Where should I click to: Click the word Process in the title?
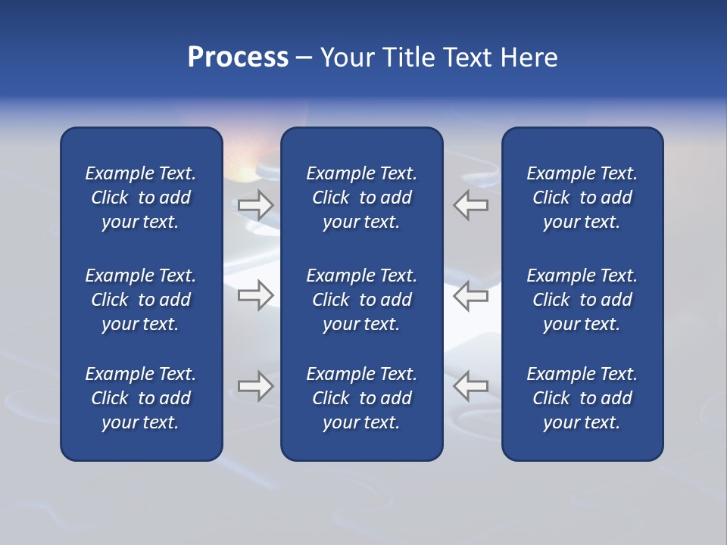click(238, 58)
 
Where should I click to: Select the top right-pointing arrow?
click(255, 205)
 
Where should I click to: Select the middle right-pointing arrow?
click(255, 295)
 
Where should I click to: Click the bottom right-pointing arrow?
click(255, 386)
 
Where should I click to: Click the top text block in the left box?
click(141, 198)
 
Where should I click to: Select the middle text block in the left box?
click(141, 300)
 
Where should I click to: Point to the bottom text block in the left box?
click(141, 398)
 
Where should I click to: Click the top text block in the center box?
click(361, 198)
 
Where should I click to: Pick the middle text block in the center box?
click(361, 300)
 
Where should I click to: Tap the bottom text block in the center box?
click(361, 398)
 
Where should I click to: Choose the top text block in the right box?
click(582, 198)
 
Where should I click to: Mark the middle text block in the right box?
click(582, 300)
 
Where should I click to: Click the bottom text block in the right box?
click(582, 398)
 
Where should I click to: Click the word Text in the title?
click(466, 58)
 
